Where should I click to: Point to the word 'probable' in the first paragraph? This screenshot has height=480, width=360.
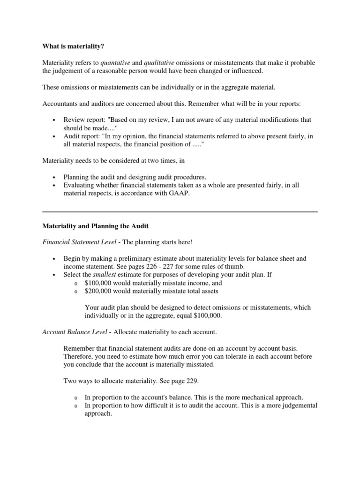(302, 63)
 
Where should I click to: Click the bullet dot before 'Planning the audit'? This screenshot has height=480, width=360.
(55, 177)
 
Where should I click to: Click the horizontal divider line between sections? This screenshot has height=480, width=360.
(180, 212)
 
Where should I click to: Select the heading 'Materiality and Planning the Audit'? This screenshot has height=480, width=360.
(95, 226)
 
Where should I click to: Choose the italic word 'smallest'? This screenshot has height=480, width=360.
(105, 275)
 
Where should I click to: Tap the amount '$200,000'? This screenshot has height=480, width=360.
(98, 291)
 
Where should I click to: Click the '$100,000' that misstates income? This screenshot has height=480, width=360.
(98, 283)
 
